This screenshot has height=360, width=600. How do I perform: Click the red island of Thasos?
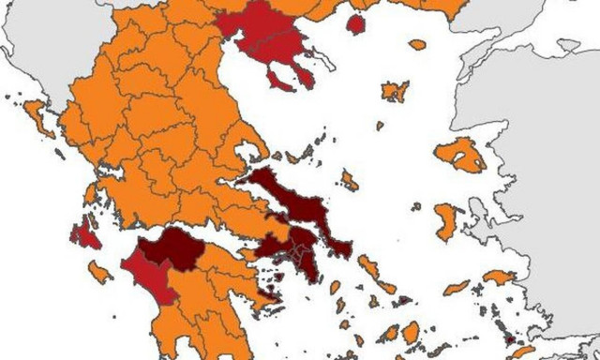pyautogui.click(x=355, y=23)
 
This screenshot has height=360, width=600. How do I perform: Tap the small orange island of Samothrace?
pyautogui.click(x=417, y=44)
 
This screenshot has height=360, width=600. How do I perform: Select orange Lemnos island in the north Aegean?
pyautogui.click(x=395, y=91)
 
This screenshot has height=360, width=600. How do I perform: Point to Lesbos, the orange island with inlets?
pyautogui.click(x=462, y=154)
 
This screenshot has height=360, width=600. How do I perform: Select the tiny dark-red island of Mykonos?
pyautogui.click(x=402, y=301)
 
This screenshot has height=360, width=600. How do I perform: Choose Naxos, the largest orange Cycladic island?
pyautogui.click(x=410, y=332)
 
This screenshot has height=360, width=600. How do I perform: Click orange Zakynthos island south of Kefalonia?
pyautogui.click(x=97, y=272)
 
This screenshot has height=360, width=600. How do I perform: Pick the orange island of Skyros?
pyautogui.click(x=349, y=179)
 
